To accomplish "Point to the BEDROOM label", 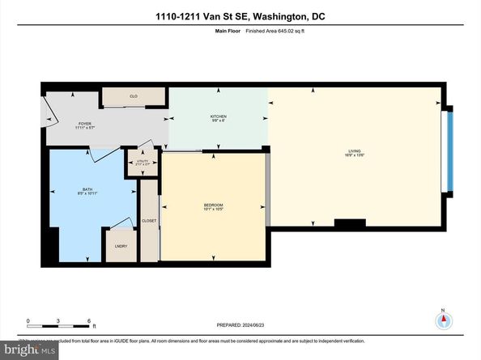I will pos(213,205).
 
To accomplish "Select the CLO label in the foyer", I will pos(134,96).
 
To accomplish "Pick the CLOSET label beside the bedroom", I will pos(149,220).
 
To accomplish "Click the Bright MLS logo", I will pos(29,350).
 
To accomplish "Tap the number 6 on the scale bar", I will pos(87,320).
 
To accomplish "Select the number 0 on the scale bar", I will pos(28,320).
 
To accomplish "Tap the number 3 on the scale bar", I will pos(58,320).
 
